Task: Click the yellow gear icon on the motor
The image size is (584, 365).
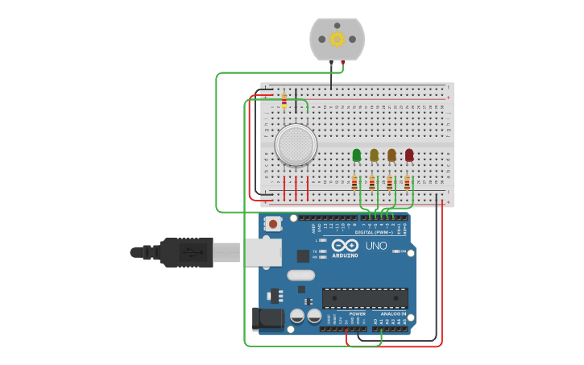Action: (337, 39)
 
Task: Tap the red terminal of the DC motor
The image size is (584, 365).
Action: (343, 61)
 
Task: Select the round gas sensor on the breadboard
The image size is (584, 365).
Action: (296, 145)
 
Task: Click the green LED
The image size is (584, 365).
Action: (356, 155)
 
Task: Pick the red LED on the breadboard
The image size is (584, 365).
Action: (409, 155)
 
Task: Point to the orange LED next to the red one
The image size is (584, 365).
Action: (391, 155)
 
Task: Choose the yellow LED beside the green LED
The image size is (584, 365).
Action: (374, 155)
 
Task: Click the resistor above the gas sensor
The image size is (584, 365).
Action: (284, 101)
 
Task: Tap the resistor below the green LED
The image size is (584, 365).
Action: (354, 183)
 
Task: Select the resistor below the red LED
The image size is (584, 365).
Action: (408, 183)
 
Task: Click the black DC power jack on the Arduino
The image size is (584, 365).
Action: (267, 319)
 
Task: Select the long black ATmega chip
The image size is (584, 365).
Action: (365, 298)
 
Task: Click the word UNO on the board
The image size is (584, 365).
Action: (376, 246)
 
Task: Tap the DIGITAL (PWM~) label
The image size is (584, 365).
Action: (376, 232)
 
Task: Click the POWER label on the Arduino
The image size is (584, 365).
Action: (357, 313)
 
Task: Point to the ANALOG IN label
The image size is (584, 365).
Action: (393, 313)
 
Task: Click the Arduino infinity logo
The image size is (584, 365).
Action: (345, 245)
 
